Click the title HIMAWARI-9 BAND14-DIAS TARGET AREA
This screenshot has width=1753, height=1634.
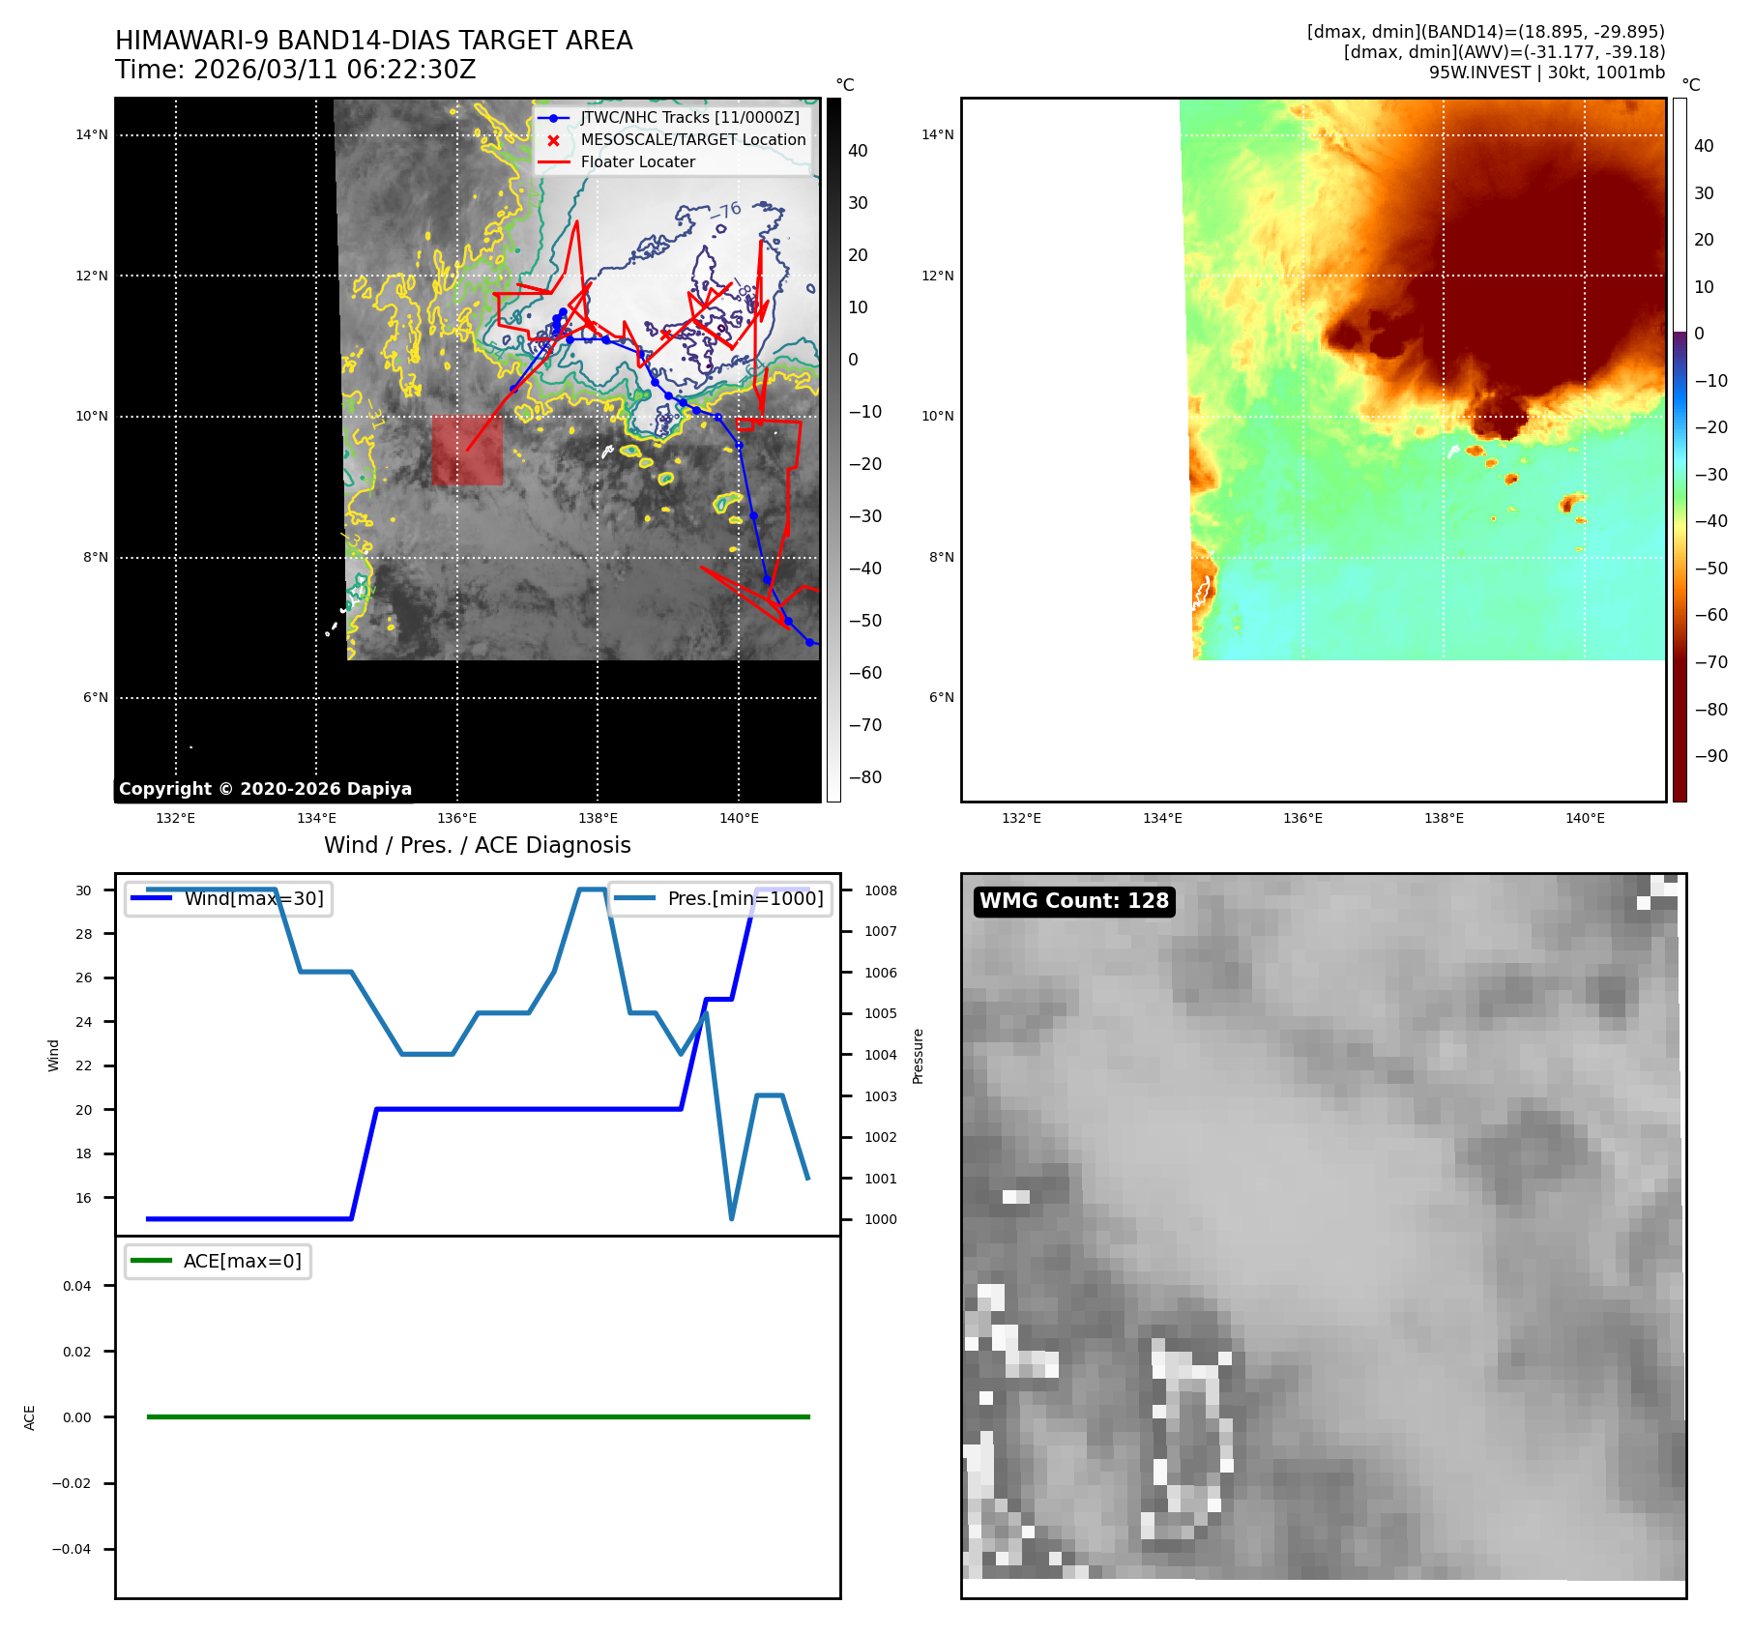coord(373,41)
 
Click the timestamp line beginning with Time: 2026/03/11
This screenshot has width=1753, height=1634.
coord(295,70)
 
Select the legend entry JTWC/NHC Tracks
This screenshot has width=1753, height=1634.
coord(689,117)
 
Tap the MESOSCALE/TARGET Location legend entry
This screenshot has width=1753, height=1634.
coord(692,139)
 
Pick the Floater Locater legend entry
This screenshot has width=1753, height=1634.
coord(637,161)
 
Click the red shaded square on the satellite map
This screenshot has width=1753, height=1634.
coord(467,451)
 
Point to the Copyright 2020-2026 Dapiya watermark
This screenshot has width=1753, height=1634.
coord(265,789)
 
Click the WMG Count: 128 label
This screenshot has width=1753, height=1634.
coord(1073,901)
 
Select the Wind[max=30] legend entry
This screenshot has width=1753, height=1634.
coord(253,898)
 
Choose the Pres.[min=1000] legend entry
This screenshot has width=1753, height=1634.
coord(745,898)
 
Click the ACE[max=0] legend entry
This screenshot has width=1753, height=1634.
coord(242,1261)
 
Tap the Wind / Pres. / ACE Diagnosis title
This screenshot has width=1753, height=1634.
coord(477,845)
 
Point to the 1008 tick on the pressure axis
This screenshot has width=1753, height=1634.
coord(880,890)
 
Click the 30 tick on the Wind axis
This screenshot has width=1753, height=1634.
coord(84,890)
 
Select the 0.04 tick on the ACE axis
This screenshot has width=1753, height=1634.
coord(77,1286)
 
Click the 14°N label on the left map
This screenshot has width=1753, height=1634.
coord(92,134)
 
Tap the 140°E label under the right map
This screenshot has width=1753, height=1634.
coord(1584,818)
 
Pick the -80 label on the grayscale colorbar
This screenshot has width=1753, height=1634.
coord(864,776)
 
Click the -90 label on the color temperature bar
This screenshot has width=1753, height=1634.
coord(1710,755)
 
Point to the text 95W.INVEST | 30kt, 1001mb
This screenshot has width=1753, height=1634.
coord(1546,73)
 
